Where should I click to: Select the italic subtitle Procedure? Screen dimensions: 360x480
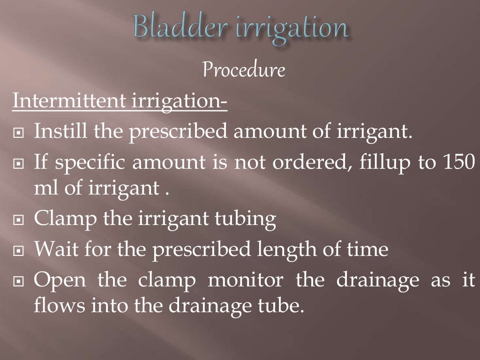pos(244,71)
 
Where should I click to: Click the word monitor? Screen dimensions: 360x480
pos(245,280)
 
